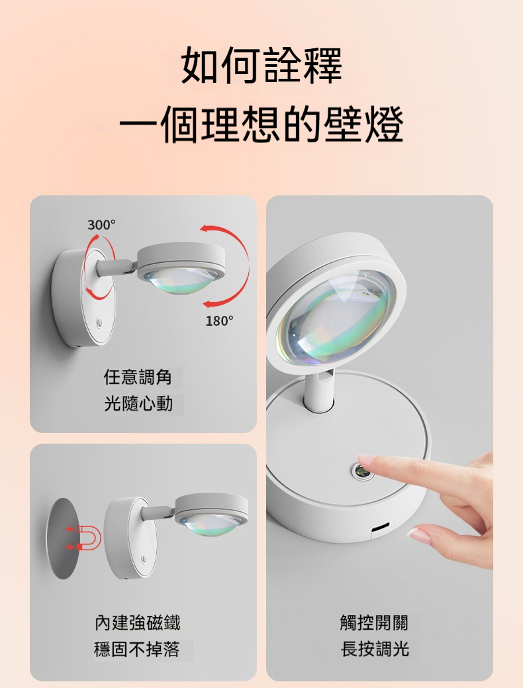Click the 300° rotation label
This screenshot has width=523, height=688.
pos(101,225)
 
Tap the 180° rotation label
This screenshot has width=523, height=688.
pos(219,321)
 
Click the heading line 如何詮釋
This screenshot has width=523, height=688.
pos(261,66)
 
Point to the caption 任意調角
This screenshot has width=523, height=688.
pos(138,377)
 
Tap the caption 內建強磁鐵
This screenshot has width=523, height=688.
pos(138,622)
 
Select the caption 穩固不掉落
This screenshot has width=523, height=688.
pos(137,649)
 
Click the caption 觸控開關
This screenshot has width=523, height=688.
pos(374,622)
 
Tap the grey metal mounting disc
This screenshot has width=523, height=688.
pos(62,538)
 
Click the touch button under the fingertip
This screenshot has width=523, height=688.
pos(361,471)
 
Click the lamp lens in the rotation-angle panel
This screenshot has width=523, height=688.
pos(180,280)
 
